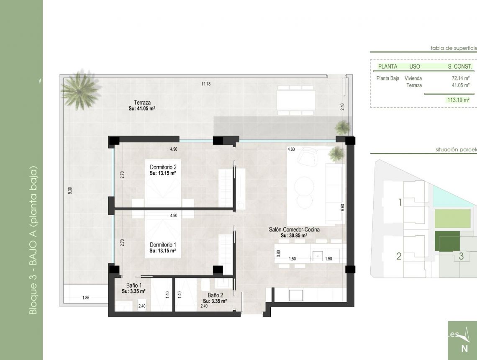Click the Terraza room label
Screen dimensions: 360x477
142,102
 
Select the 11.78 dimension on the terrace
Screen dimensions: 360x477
206,84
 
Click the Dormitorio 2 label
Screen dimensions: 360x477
163,167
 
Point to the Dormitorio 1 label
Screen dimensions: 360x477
163,244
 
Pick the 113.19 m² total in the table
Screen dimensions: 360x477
458,100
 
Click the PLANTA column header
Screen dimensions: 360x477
387,67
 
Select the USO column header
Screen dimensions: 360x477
414,67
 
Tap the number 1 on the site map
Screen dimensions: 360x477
400,203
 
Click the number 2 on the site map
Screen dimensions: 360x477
399,256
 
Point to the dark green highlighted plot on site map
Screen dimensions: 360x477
446,242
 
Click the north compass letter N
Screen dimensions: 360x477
464,348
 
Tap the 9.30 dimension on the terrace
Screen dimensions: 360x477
70,190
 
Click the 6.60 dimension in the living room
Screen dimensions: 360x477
342,207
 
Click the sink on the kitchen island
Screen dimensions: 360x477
318,255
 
